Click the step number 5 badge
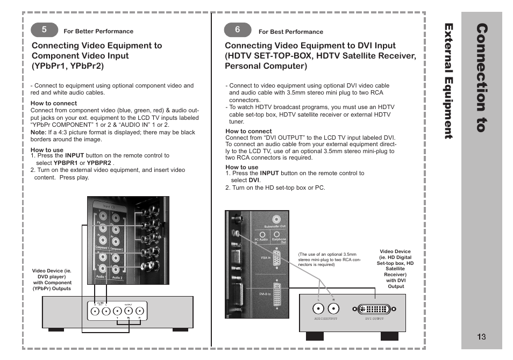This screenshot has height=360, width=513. (x=44, y=30)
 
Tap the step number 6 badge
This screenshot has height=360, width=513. (x=237, y=30)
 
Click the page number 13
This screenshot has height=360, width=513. (x=481, y=337)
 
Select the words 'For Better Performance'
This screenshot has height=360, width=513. (x=98, y=31)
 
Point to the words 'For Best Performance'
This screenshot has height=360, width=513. (x=291, y=32)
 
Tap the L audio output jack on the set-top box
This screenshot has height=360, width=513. (x=318, y=308)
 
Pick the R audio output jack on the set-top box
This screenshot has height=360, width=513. (x=333, y=308)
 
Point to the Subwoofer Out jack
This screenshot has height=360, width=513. (x=276, y=219)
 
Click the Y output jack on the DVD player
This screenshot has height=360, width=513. (x=117, y=311)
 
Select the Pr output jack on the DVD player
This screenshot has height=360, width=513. (x=139, y=311)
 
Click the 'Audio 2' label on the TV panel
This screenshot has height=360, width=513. (x=117, y=278)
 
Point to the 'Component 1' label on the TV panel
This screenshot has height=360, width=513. (x=102, y=248)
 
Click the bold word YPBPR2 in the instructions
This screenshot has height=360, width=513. (x=99, y=163)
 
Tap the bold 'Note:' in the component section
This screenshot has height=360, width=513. (x=38, y=132)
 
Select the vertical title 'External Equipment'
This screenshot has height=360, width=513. (x=449, y=81)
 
